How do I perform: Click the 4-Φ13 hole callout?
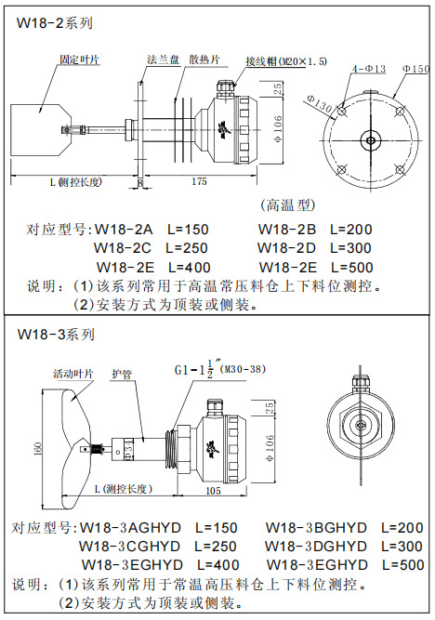[x=369, y=69]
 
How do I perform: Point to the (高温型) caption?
[x=287, y=204]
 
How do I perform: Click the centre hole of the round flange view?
[x=371, y=140]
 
